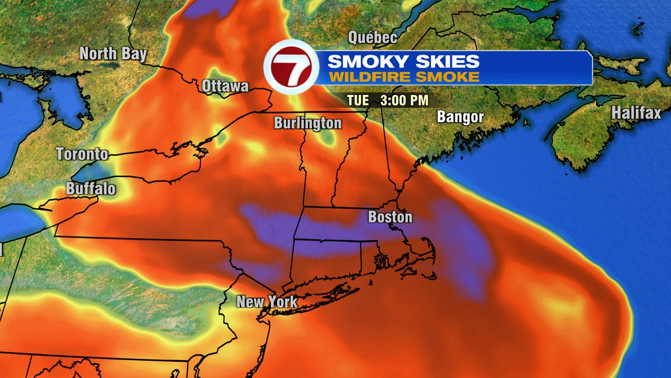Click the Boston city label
[390, 217]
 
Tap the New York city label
[267, 302]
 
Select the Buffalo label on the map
[91, 189]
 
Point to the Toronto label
[82, 154]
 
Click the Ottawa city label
[225, 86]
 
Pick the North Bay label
[113, 54]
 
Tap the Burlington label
[308, 123]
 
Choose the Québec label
[373, 38]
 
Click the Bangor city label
[460, 117]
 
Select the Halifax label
[636, 112]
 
